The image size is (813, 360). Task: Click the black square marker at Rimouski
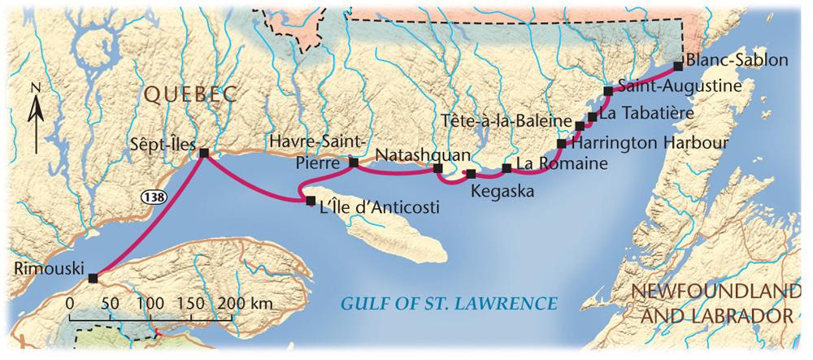[93, 278]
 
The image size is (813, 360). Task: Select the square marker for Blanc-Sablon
[679, 67]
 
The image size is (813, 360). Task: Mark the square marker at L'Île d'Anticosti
[310, 200]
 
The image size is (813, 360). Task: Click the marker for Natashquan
[437, 169]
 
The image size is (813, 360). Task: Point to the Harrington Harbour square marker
[562, 144]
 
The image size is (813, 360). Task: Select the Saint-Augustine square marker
[608, 90]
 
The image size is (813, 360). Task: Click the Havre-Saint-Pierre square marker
[353, 163]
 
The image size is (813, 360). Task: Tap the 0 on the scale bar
[70, 304]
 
